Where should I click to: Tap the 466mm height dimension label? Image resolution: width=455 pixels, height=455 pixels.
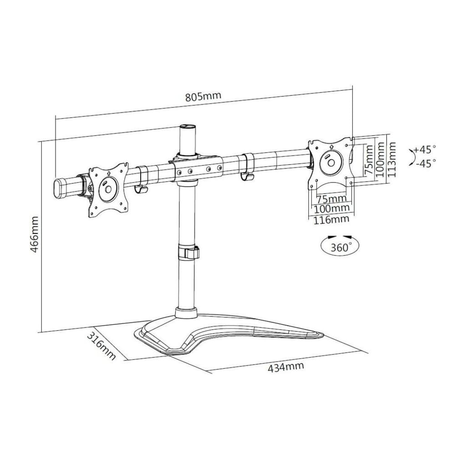(35, 234)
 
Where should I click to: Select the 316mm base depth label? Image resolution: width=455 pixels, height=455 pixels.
(101, 346)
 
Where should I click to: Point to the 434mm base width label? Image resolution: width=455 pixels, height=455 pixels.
(286, 367)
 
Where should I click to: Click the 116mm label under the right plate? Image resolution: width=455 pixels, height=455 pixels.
(331, 220)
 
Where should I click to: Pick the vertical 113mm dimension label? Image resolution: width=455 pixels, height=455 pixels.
(392, 159)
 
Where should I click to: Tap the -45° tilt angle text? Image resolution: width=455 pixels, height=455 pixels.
(425, 163)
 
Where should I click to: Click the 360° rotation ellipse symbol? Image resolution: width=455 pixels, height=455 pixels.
(339, 246)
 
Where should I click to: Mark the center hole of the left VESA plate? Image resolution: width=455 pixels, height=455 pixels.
(108, 189)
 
